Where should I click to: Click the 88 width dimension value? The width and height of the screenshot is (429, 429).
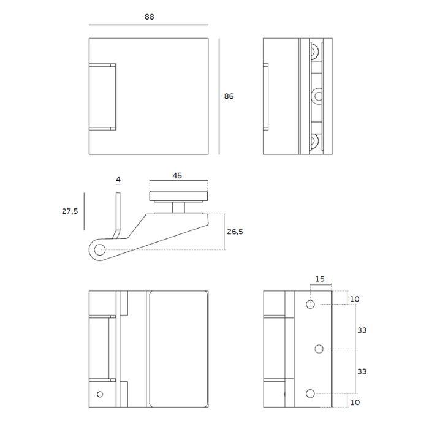pyautogui.click(x=149, y=17)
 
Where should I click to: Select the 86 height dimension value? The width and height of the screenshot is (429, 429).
pyautogui.click(x=229, y=96)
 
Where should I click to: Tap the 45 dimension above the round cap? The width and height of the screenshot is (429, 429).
pyautogui.click(x=177, y=175)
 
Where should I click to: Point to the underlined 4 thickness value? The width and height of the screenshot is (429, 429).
pyautogui.click(x=118, y=180)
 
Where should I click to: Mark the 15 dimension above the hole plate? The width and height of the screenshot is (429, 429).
pyautogui.click(x=319, y=279)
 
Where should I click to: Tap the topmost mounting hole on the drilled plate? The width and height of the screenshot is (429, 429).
pyautogui.click(x=310, y=305)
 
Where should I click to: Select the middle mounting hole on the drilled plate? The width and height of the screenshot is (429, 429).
pyautogui.click(x=319, y=349)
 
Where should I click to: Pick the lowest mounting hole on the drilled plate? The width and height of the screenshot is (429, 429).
pyautogui.click(x=310, y=393)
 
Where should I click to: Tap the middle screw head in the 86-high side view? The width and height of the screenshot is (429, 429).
pyautogui.click(x=318, y=96)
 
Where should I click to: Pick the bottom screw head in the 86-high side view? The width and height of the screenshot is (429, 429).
pyautogui.click(x=315, y=142)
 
